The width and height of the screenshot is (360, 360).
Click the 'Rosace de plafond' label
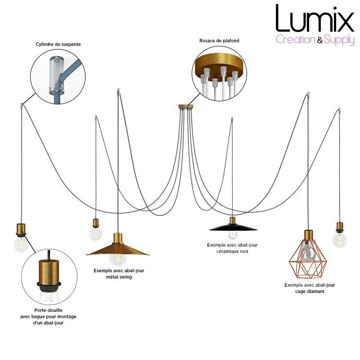point(219,41)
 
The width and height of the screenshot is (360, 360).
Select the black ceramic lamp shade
point(233,226)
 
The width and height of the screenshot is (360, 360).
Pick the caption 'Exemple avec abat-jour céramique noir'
point(233,248)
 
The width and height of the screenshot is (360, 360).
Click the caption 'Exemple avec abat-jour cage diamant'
point(310,288)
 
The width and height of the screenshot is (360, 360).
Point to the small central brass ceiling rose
point(185,106)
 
